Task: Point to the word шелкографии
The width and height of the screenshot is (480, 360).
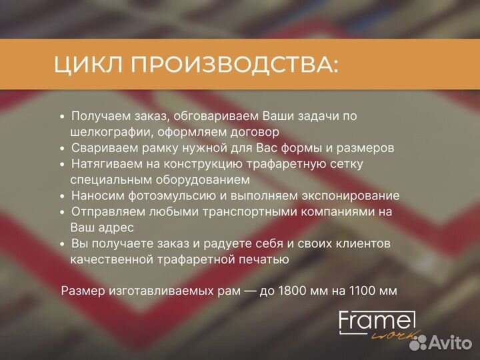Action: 103,132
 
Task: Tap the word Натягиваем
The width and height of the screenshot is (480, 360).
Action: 103,164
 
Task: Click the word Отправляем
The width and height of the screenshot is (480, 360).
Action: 106,212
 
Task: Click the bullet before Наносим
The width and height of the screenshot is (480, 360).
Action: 62,197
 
